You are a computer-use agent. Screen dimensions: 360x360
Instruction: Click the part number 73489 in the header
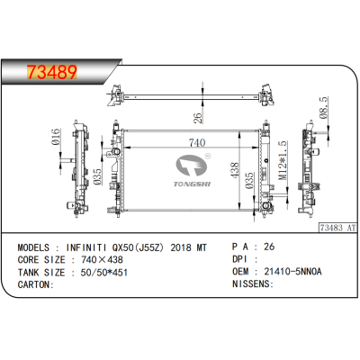[48, 71]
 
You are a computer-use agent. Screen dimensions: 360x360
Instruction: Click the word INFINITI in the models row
[96, 245]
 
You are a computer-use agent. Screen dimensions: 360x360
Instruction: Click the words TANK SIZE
[40, 271]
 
